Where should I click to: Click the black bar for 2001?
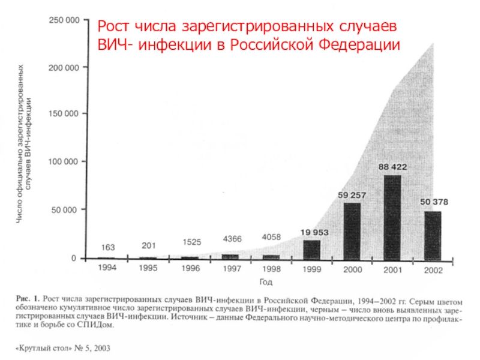[392, 217]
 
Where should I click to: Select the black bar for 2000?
[352, 231]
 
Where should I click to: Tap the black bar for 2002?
[433, 235]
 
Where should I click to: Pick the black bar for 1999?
[311, 249]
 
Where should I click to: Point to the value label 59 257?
[352, 195]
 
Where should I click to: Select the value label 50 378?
[433, 202]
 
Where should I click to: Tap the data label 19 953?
[312, 232]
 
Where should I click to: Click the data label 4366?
[232, 239]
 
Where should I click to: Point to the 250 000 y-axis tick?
[63, 20]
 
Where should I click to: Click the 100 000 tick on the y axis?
[63, 162]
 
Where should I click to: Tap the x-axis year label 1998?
[271, 269]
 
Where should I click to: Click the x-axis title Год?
[266, 281]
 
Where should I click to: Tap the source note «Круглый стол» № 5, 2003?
[63, 348]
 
